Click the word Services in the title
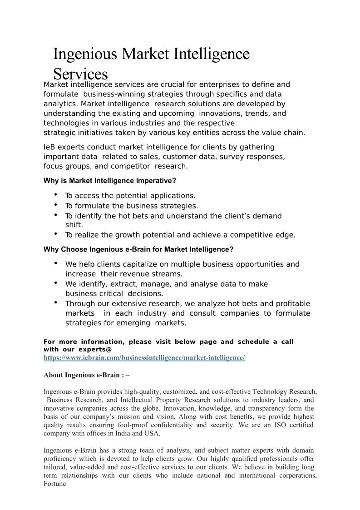coord(80,74)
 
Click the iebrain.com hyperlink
coord(144,358)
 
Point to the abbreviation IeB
coord(49,147)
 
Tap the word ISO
coord(272,425)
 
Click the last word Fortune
coord(54,484)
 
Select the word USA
coord(152,433)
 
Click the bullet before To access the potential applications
coord(55,194)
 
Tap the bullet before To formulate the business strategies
coord(55,204)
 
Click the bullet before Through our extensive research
coord(55,302)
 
